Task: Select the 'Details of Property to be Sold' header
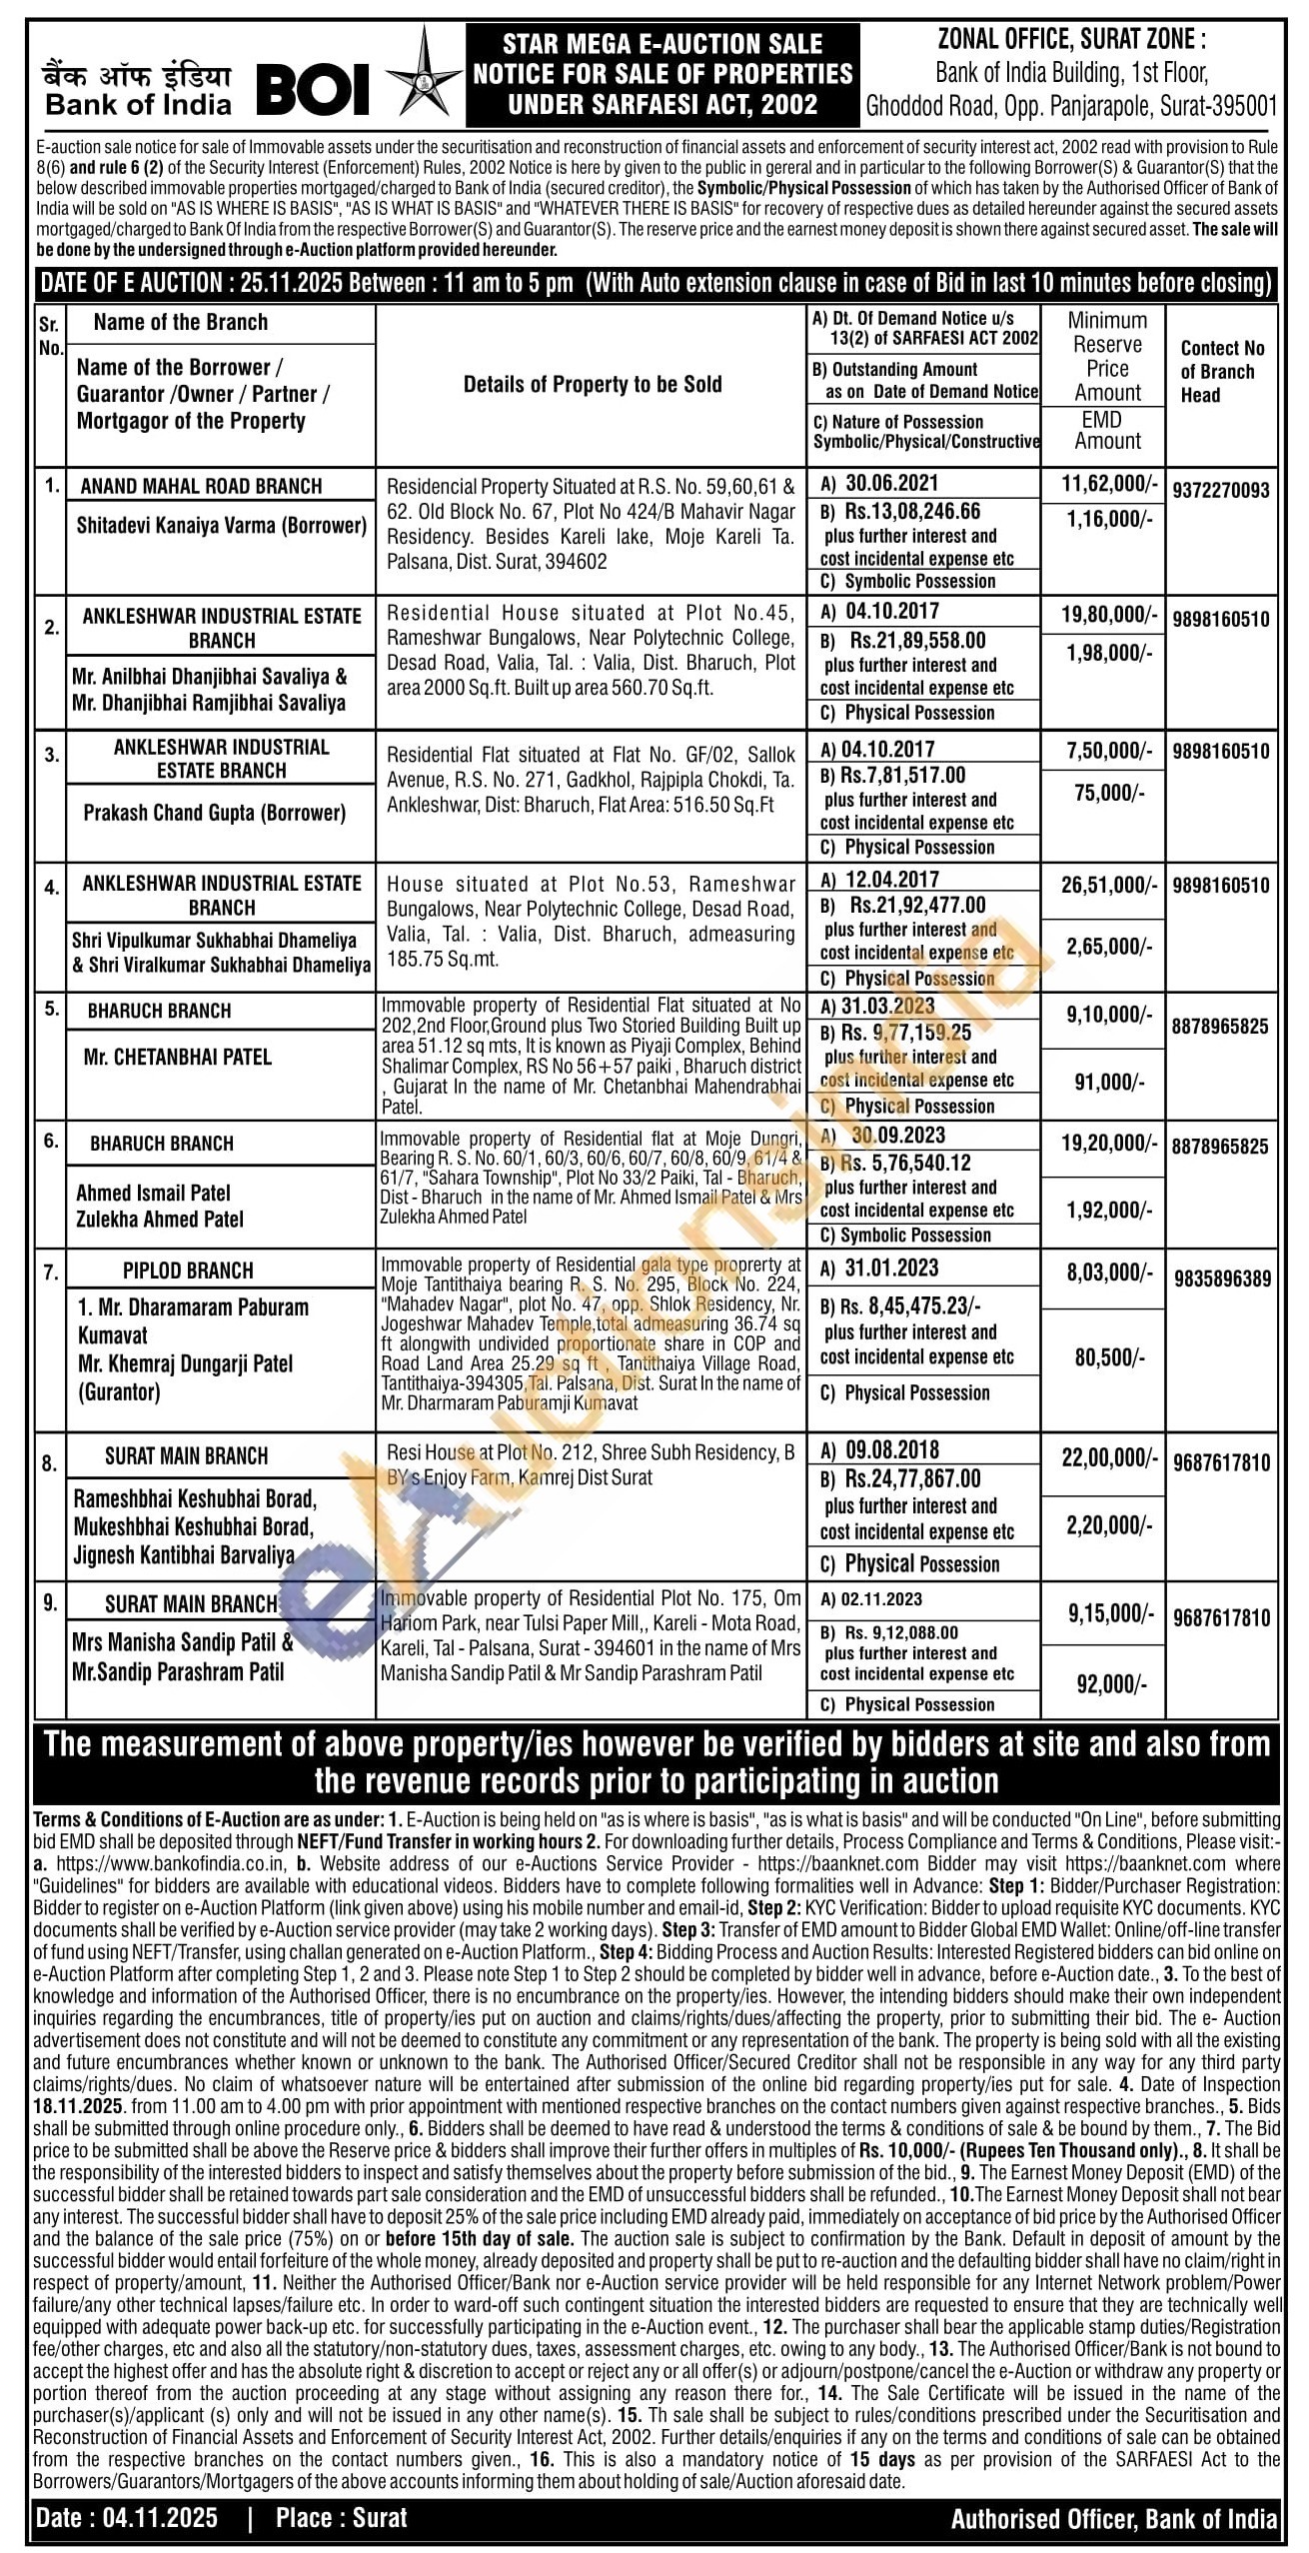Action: [x=592, y=384]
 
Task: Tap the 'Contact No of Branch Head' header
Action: [x=1222, y=371]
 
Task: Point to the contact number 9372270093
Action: [x=1222, y=490]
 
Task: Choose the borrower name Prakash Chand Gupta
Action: [x=215, y=813]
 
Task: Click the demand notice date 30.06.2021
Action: [x=892, y=484]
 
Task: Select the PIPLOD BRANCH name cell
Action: [x=188, y=1271]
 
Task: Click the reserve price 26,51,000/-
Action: [x=1108, y=885]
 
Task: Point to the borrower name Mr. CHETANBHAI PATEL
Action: [x=178, y=1057]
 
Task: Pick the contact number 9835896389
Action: [x=1222, y=1278]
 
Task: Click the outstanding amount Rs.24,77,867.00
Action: [x=913, y=1478]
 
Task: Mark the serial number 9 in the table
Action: [x=50, y=1603]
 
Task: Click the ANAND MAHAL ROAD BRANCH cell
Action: [x=201, y=486]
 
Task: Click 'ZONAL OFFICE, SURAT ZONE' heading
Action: [x=1072, y=40]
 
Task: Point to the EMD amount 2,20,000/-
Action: [x=1107, y=1524]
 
